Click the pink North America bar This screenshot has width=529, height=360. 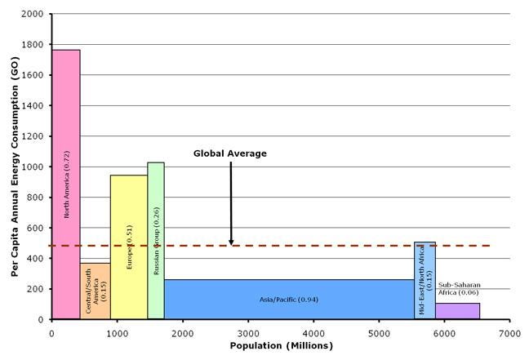click(66, 184)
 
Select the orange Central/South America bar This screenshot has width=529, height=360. click(96, 291)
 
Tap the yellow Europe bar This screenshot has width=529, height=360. click(129, 247)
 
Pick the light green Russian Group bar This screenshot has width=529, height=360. click(156, 241)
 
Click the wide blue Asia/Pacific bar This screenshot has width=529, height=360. click(289, 299)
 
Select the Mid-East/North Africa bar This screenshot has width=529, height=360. click(425, 280)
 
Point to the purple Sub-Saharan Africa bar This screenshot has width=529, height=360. click(457, 311)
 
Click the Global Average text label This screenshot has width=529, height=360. click(230, 153)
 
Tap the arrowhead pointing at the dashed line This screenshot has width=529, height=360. click(231, 242)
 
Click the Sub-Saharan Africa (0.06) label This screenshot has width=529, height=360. click(459, 288)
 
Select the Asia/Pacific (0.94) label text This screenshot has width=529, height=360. click(289, 300)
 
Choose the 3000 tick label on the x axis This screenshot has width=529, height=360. click(248, 334)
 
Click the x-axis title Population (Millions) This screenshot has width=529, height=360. click(282, 346)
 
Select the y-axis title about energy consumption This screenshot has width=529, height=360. click(15, 167)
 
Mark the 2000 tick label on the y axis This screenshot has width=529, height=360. click(33, 14)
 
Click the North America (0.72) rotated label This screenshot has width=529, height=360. click(66, 184)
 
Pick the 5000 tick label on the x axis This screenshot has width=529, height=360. click(379, 334)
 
